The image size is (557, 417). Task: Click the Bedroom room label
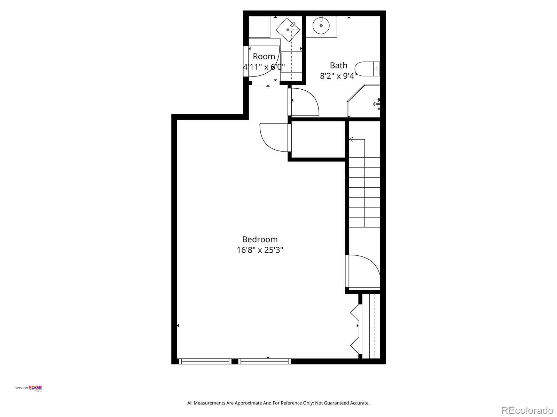pos(260,239)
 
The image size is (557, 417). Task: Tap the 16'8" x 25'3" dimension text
pos(260,250)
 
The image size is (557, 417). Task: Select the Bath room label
pos(338,65)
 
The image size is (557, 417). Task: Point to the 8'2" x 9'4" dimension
pos(338,76)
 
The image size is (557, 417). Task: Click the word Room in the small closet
pos(264,56)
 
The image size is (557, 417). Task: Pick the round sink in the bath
pos(321,25)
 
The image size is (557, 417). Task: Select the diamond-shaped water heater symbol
pos(288,30)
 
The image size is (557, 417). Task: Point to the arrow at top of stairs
pos(351,139)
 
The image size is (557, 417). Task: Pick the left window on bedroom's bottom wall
pos(205,361)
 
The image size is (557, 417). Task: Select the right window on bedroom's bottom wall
pos(265,361)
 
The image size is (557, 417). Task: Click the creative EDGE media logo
pos(29,389)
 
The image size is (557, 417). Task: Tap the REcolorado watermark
pos(527,410)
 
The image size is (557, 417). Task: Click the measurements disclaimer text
pos(278,403)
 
